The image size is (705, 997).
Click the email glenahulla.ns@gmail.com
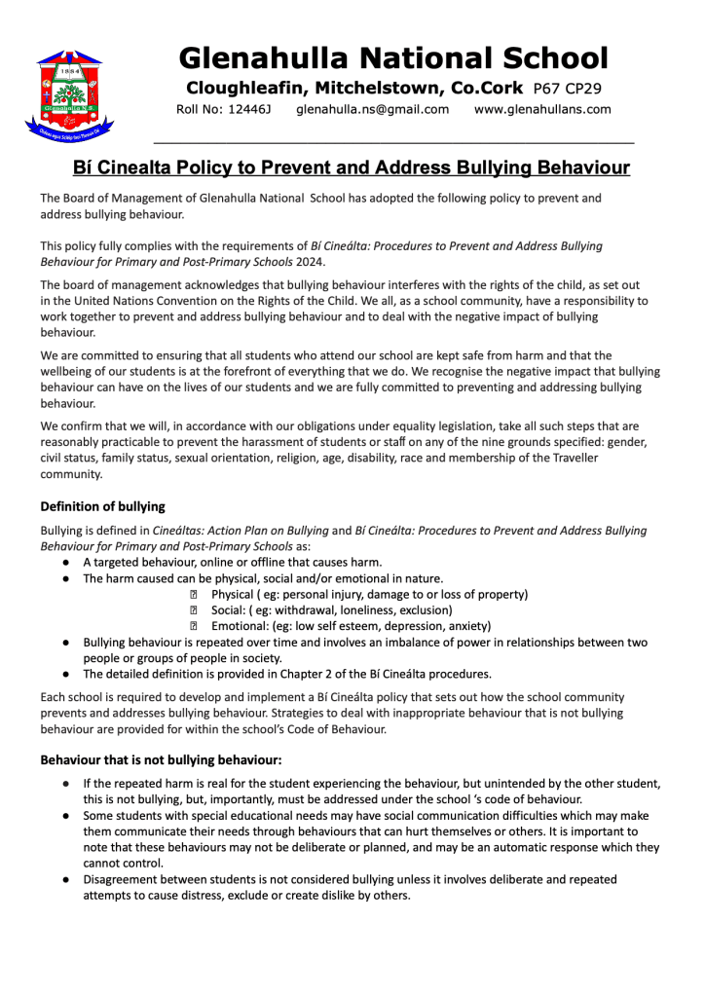[x=372, y=109]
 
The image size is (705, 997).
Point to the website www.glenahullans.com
[x=542, y=109]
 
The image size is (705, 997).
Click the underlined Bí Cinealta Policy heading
[x=352, y=168]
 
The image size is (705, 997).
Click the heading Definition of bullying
[x=102, y=506]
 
